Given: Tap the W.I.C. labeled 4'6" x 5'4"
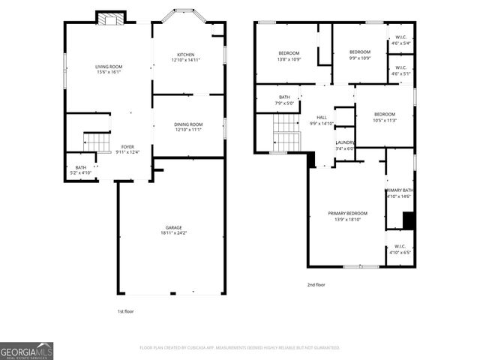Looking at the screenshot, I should (400, 40).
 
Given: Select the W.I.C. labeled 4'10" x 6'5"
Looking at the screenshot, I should (399, 249).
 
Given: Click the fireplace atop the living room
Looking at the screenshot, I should (111, 19).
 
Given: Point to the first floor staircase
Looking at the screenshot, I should (96, 141).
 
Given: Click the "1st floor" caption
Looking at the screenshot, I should (126, 311).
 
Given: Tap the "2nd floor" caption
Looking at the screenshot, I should (316, 285).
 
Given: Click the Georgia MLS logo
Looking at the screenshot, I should (27, 351).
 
